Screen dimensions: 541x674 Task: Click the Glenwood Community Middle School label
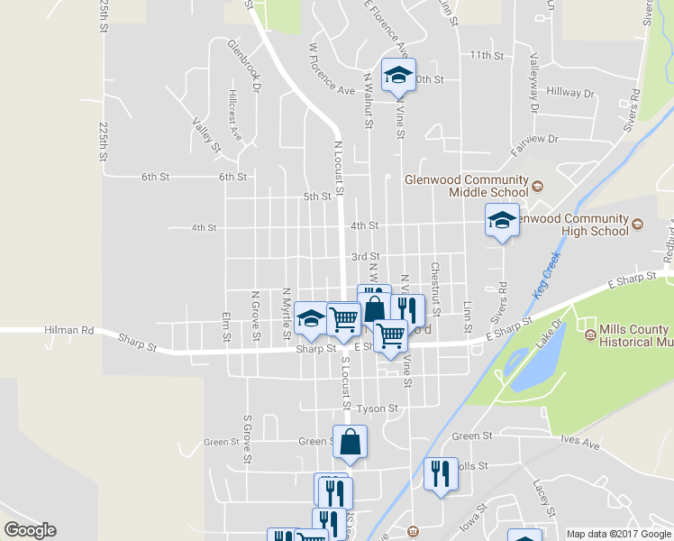pos(466,185)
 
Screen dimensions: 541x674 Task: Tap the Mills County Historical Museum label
pos(631,336)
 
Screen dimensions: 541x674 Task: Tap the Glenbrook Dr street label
pos(243,66)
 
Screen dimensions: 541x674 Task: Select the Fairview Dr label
pos(535,139)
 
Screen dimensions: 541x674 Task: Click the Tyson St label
pos(377,408)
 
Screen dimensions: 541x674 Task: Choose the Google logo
pos(30,530)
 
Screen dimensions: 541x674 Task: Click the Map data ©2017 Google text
pos(618,534)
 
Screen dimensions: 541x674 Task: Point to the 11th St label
pos(486,55)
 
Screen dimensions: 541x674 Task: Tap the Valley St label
pos(206,133)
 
